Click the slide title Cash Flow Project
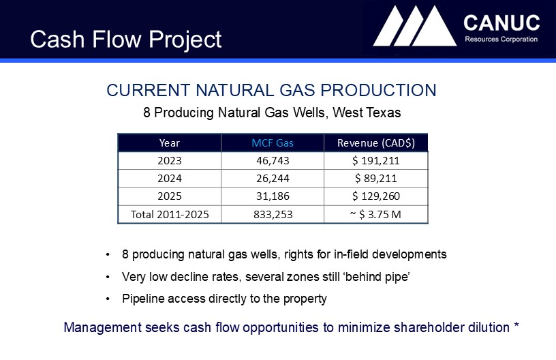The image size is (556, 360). tap(126, 39)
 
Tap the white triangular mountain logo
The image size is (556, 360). tap(415, 26)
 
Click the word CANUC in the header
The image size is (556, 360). tap(501, 23)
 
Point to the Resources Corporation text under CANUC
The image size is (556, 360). tap(501, 39)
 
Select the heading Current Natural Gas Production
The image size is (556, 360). tap(271, 90)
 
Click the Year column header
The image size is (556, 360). tap(170, 143)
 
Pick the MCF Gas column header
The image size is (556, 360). tap(273, 143)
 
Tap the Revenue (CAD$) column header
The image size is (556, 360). tap(376, 143)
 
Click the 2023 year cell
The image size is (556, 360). tap(170, 161)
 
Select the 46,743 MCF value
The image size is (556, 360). tap(273, 161)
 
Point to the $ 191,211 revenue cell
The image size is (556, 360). tap(376, 161)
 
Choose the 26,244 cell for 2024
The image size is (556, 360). tap(273, 178)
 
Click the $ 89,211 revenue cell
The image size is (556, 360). tap(376, 178)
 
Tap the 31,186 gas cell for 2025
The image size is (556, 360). tap(273, 196)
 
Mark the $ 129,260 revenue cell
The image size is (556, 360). tap(376, 196)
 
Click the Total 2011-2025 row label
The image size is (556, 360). tap(170, 214)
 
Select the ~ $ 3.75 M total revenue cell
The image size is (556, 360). tap(375, 214)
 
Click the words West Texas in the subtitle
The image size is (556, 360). tap(367, 112)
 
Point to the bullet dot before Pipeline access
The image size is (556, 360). tap(108, 299)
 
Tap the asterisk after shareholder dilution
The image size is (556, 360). tap(516, 325)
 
